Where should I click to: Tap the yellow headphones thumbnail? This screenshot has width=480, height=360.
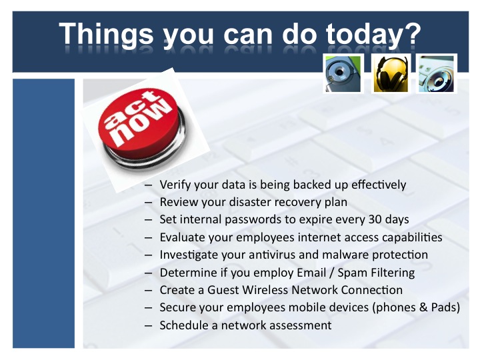[x=391, y=74]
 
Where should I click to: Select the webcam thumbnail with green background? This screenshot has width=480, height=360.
[x=343, y=74]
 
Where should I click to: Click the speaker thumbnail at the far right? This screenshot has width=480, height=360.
[x=436, y=74]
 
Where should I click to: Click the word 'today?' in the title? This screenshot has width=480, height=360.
[x=373, y=34]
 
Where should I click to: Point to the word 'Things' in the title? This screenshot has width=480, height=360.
[x=106, y=34]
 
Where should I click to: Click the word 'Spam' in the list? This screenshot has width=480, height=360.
[x=352, y=273]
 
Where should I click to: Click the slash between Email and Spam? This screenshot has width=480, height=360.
[x=331, y=273]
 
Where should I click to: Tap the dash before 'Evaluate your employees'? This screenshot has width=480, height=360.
[x=149, y=238]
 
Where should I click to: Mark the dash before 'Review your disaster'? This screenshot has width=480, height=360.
[x=149, y=203]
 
